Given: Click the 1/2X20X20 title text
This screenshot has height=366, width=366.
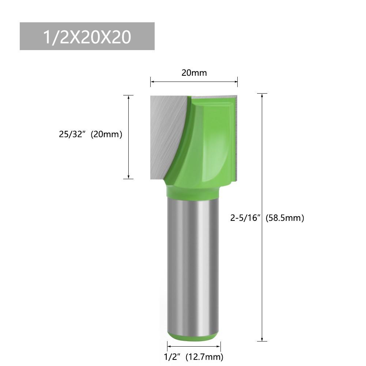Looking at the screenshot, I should [x=87, y=37].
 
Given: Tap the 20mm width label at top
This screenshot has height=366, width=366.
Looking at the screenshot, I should [x=194, y=73].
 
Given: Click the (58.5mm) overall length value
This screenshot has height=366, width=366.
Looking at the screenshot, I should [x=285, y=218].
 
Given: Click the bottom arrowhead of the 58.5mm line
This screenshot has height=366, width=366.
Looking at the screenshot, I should [x=262, y=339].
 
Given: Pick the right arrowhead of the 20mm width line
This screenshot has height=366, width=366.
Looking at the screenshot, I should [x=236, y=82].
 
